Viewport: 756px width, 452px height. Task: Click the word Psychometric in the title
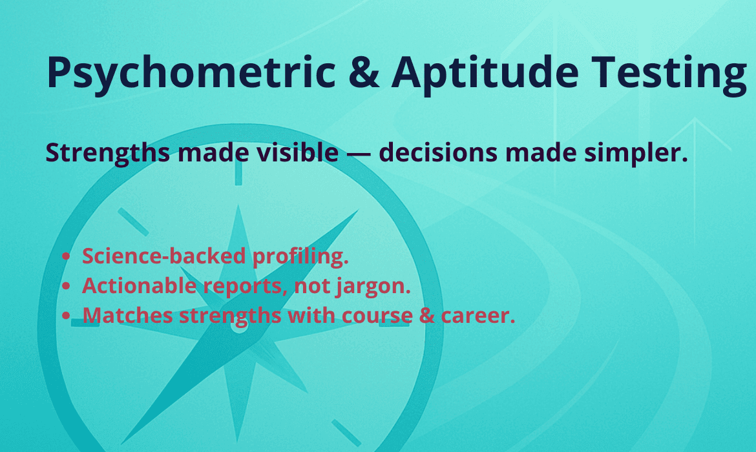pyautogui.click(x=191, y=73)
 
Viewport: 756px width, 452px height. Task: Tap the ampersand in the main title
pyautogui.click(x=364, y=73)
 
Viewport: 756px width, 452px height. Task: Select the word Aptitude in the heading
pyautogui.click(x=485, y=73)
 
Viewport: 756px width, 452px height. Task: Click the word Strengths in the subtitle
pyautogui.click(x=108, y=153)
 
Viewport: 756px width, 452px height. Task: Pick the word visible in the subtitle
pyautogui.click(x=297, y=152)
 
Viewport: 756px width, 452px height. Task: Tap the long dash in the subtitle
pyautogui.click(x=359, y=154)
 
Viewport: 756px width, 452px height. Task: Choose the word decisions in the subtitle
pyautogui.click(x=438, y=152)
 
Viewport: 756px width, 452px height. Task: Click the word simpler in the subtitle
pyautogui.click(x=636, y=153)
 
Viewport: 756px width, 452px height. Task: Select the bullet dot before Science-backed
pyautogui.click(x=67, y=257)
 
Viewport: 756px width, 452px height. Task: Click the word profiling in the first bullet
pyautogui.click(x=300, y=256)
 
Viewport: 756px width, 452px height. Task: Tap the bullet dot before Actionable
pyautogui.click(x=67, y=287)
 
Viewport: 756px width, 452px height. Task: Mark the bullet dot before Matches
pyautogui.click(x=67, y=316)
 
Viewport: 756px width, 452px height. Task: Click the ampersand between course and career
pyautogui.click(x=426, y=316)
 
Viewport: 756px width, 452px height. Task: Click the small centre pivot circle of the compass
pyautogui.click(x=238, y=325)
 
